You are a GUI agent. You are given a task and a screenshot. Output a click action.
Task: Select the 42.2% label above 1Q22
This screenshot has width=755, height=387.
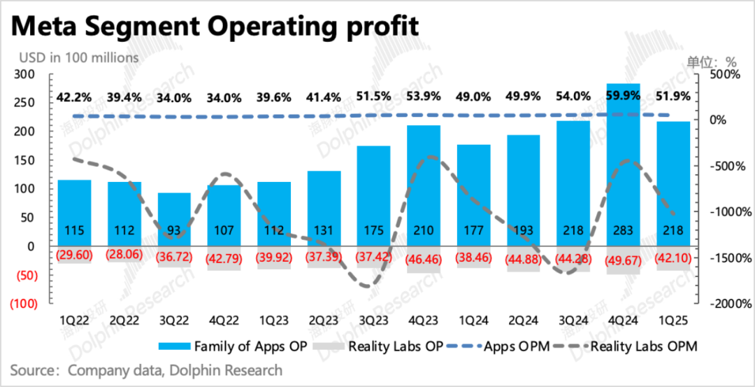point(74,97)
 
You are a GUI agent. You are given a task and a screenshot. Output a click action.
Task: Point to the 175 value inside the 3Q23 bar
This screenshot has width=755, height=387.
point(373,231)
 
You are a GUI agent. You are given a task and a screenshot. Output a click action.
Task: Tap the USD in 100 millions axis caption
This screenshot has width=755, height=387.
point(79,57)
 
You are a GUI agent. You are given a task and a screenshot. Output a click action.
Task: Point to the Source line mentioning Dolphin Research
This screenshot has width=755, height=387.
point(146,370)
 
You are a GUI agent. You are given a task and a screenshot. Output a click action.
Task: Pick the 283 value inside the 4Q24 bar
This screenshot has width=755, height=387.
point(623,231)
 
